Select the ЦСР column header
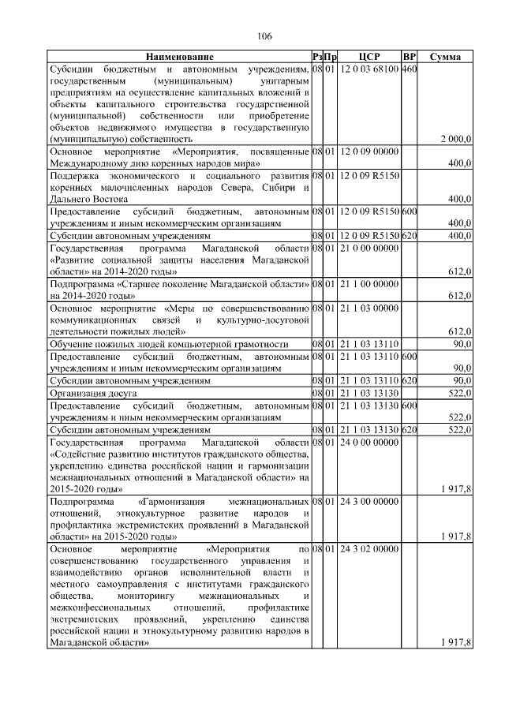coord(369,58)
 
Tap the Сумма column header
coord(446,58)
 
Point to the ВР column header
coord(409,58)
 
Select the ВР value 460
coord(409,70)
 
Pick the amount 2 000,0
coord(456,139)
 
